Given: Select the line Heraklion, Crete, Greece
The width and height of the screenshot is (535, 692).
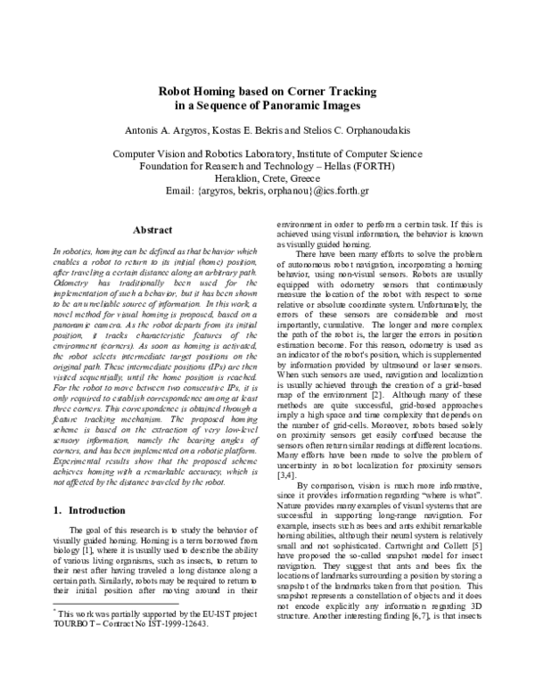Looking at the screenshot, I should [267, 177].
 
